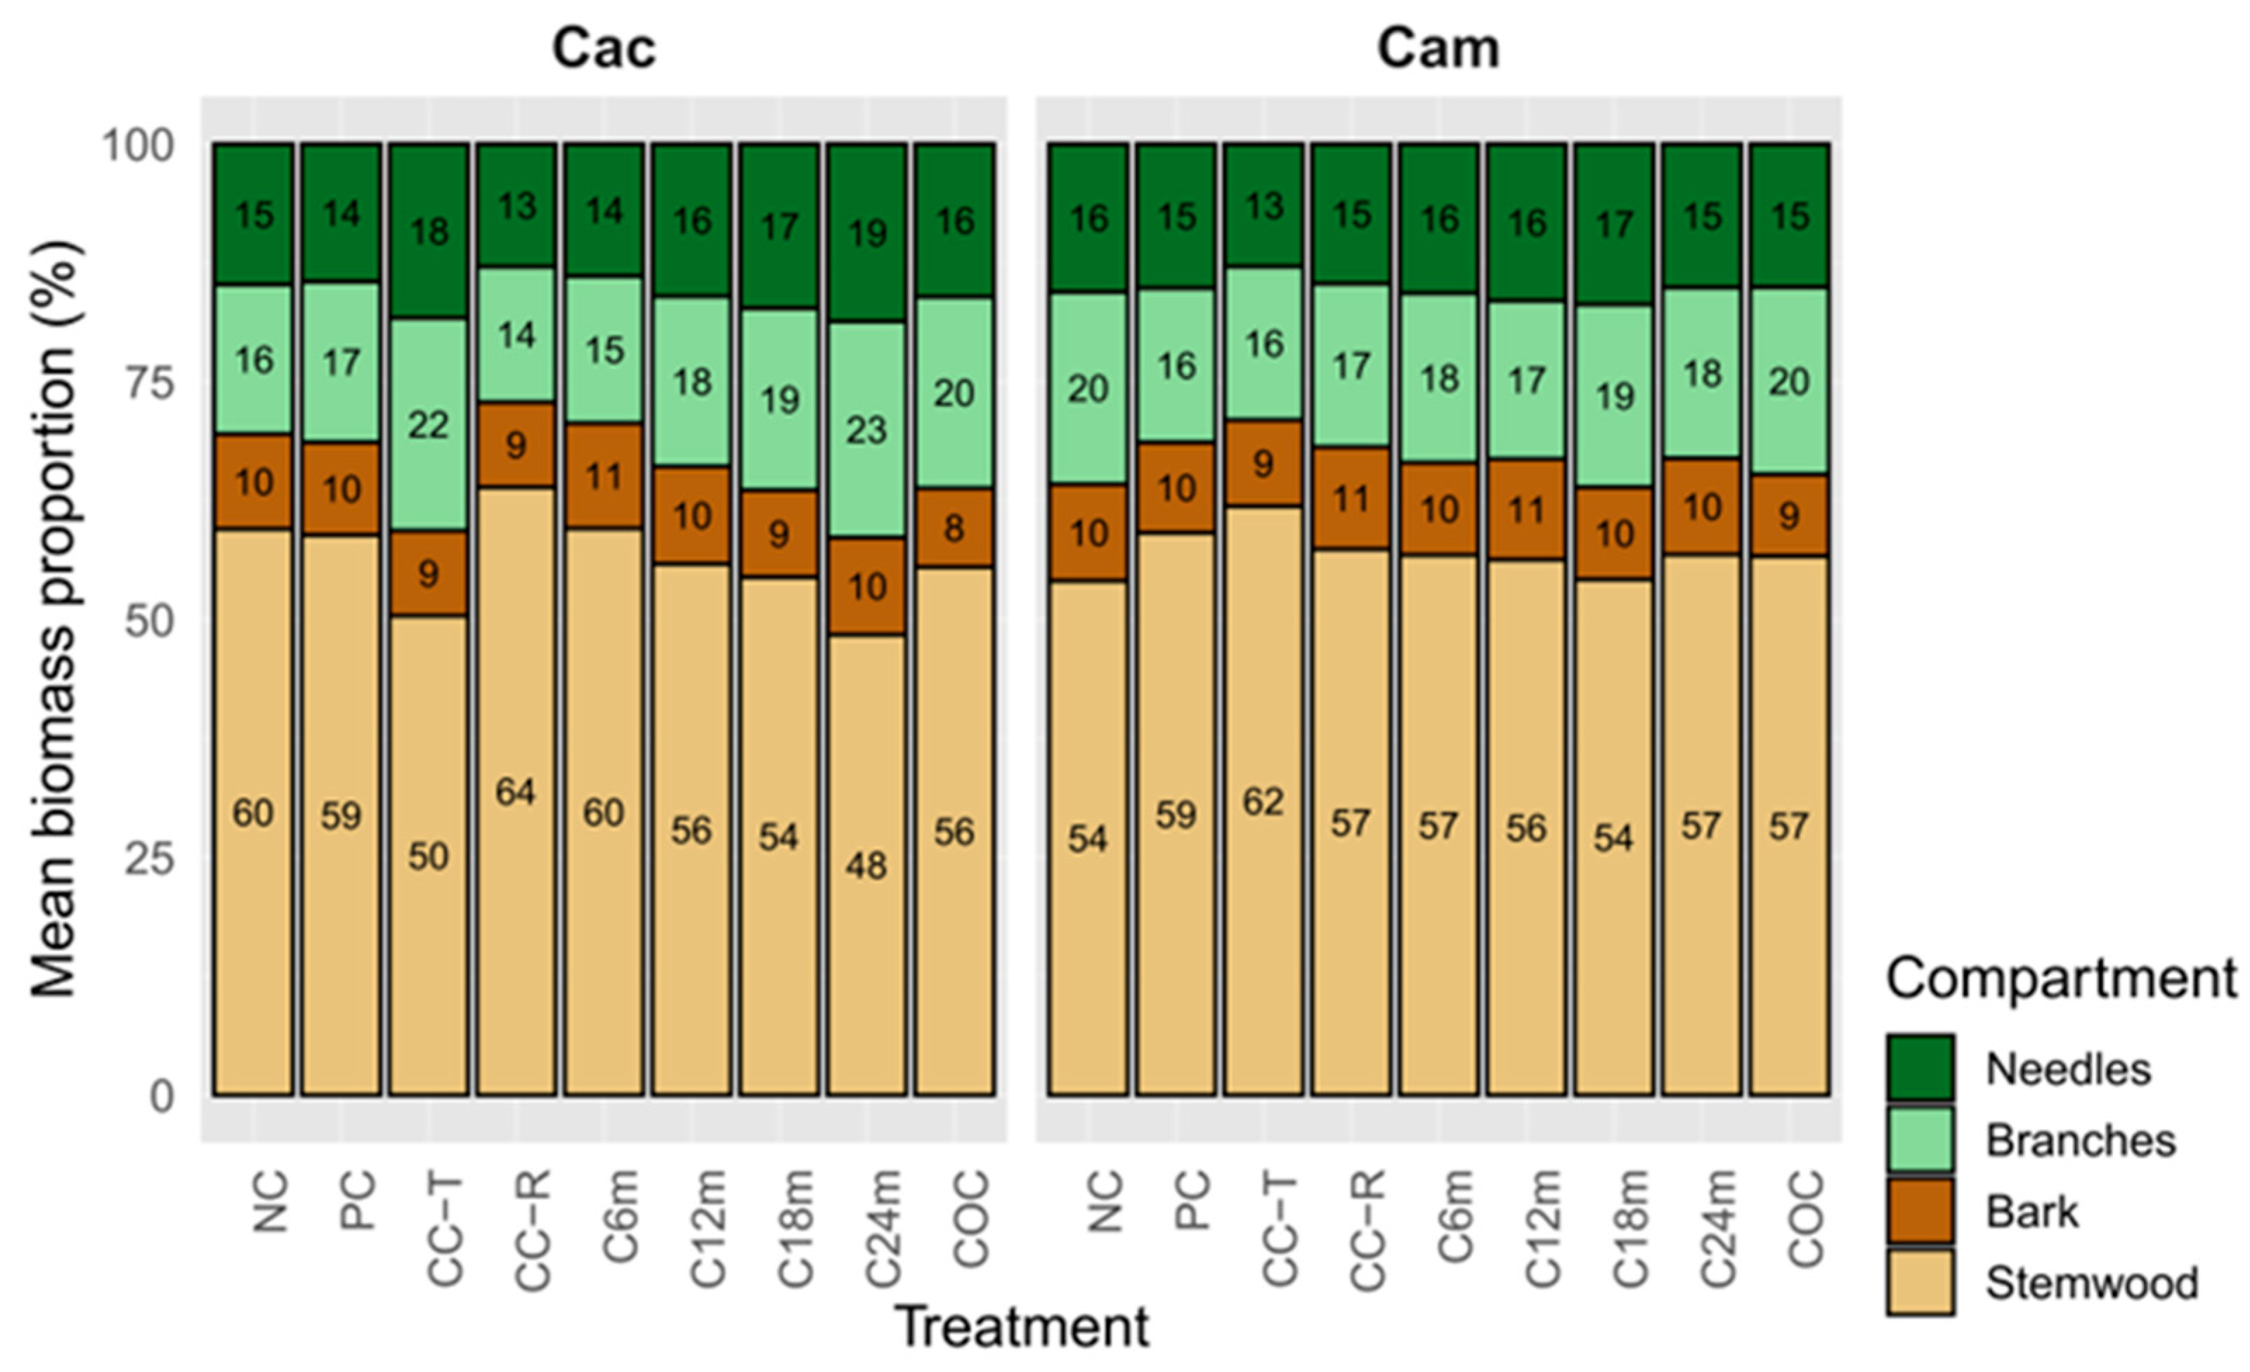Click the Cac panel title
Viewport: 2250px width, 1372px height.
coord(604,48)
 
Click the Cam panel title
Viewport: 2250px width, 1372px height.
coord(1438,48)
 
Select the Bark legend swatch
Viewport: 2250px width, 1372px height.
coord(1920,1211)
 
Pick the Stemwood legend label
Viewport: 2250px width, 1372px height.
coord(2092,1283)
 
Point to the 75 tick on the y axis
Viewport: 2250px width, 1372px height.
coord(149,384)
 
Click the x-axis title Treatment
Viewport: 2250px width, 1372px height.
coord(1022,1326)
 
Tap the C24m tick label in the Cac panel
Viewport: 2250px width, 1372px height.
coord(884,1229)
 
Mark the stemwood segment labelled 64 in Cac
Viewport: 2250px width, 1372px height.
coord(516,790)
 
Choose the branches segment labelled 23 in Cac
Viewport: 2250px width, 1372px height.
coord(866,429)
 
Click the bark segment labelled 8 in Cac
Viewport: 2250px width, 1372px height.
coord(954,528)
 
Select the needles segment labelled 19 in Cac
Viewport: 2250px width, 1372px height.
coord(866,233)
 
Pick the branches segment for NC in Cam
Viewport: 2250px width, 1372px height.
coord(1088,389)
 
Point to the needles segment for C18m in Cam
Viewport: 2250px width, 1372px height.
coord(1613,223)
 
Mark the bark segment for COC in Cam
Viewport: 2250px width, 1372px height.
coord(1789,515)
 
